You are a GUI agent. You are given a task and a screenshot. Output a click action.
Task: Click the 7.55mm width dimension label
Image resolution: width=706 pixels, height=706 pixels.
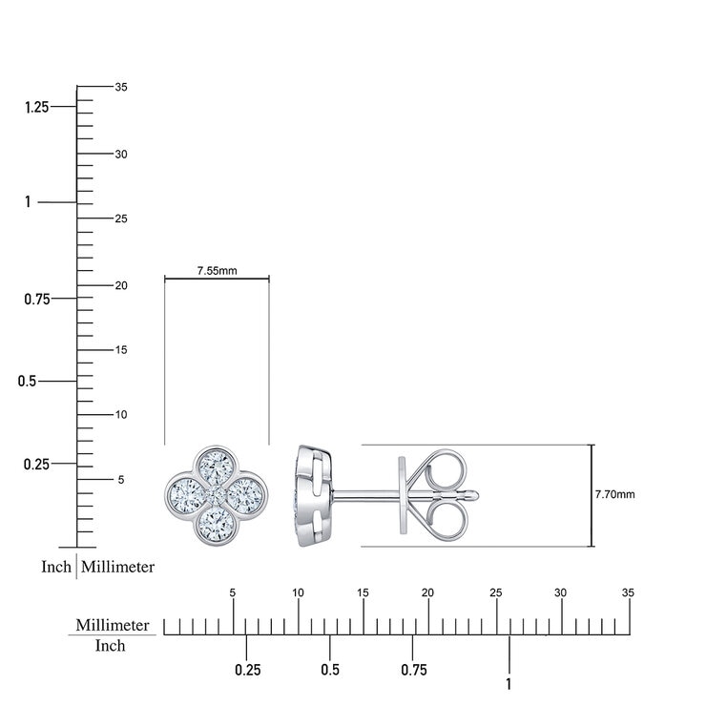[217, 271]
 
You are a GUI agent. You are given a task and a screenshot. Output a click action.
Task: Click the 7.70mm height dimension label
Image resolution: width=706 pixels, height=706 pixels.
[614, 494]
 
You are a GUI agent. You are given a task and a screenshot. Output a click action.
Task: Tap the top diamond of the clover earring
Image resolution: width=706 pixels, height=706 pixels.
[217, 467]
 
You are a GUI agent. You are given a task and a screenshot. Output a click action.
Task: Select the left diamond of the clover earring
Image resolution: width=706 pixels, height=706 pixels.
[187, 496]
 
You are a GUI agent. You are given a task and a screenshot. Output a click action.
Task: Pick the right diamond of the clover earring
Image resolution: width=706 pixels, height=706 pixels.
[245, 496]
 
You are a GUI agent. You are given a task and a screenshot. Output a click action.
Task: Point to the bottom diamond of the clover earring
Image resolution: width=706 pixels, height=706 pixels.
[217, 525]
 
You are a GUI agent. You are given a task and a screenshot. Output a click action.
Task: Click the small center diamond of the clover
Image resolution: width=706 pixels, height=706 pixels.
[217, 496]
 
